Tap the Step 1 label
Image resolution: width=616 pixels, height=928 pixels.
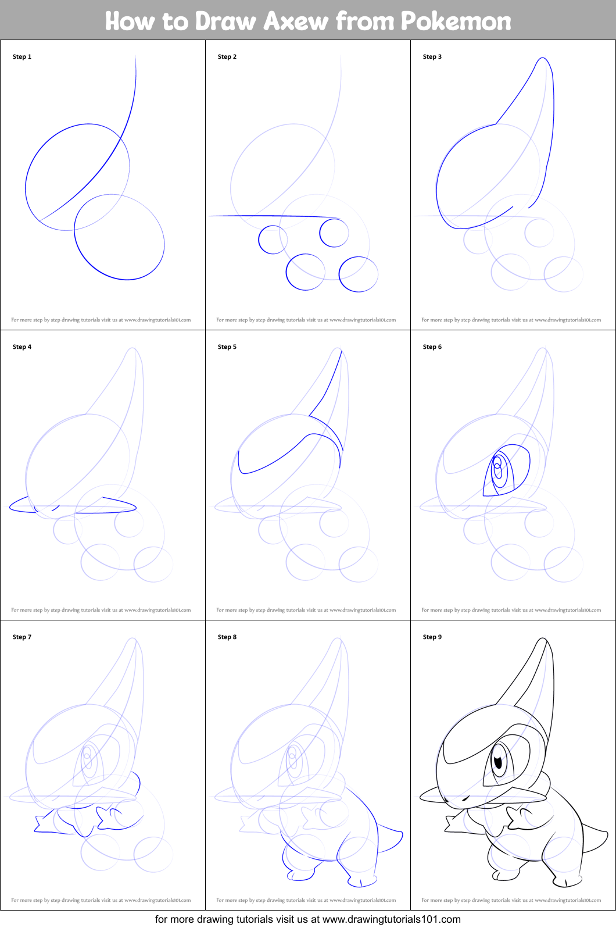pyautogui.click(x=22, y=56)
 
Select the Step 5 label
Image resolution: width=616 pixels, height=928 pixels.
pyautogui.click(x=227, y=347)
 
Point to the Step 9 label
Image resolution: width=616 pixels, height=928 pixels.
pyautogui.click(x=432, y=637)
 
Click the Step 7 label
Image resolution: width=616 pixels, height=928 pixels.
pyautogui.click(x=22, y=637)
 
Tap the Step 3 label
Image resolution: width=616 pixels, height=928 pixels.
pyautogui.click(x=432, y=56)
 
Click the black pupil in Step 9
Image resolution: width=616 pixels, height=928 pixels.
pyautogui.click(x=498, y=760)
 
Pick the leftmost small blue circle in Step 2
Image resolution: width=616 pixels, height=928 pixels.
pyautogui.click(x=272, y=240)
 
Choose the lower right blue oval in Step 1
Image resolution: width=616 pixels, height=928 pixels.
pyautogui.click(x=119, y=237)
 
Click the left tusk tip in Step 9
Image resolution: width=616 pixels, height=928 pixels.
pyautogui.click(x=422, y=795)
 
